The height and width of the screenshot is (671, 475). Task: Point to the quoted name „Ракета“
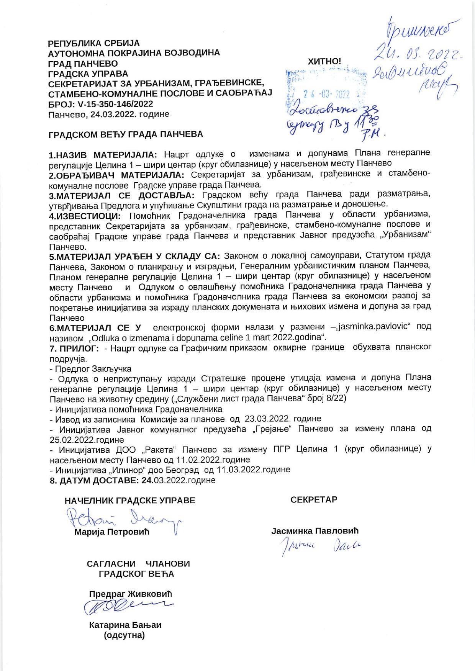(x=159, y=449)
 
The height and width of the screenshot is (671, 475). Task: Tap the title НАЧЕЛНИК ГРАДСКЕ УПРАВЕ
(x=130, y=501)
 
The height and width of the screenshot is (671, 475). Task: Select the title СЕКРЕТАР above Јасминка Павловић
(x=314, y=500)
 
